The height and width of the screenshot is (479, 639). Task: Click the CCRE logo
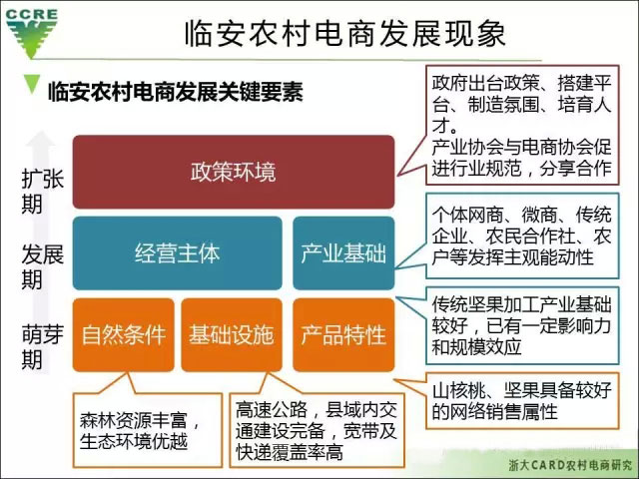click(31, 32)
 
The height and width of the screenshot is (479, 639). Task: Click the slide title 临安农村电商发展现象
click(345, 33)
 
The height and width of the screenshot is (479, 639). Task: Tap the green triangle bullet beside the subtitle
click(31, 84)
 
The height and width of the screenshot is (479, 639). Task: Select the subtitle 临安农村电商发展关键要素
click(176, 92)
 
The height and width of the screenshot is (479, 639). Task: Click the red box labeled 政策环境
click(234, 172)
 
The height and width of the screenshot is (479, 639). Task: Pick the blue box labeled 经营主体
click(178, 252)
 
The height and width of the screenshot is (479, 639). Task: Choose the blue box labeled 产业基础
click(343, 252)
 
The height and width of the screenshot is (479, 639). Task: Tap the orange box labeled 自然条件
click(124, 335)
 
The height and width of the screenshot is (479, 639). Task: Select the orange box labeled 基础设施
click(232, 335)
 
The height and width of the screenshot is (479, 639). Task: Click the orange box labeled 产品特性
click(343, 335)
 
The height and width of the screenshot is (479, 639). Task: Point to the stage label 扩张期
click(42, 192)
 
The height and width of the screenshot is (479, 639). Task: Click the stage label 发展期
click(42, 266)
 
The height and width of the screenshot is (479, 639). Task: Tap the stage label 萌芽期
click(42, 347)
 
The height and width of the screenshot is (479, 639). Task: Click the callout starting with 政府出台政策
click(522, 125)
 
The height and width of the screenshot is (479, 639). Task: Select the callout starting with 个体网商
click(522, 237)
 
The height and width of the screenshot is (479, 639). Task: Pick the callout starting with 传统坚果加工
click(522, 325)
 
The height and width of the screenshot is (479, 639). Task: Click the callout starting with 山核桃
click(522, 401)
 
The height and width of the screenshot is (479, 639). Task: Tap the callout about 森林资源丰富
click(148, 430)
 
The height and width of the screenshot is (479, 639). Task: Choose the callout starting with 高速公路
click(318, 430)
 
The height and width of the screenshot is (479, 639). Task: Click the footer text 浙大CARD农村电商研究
click(570, 465)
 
